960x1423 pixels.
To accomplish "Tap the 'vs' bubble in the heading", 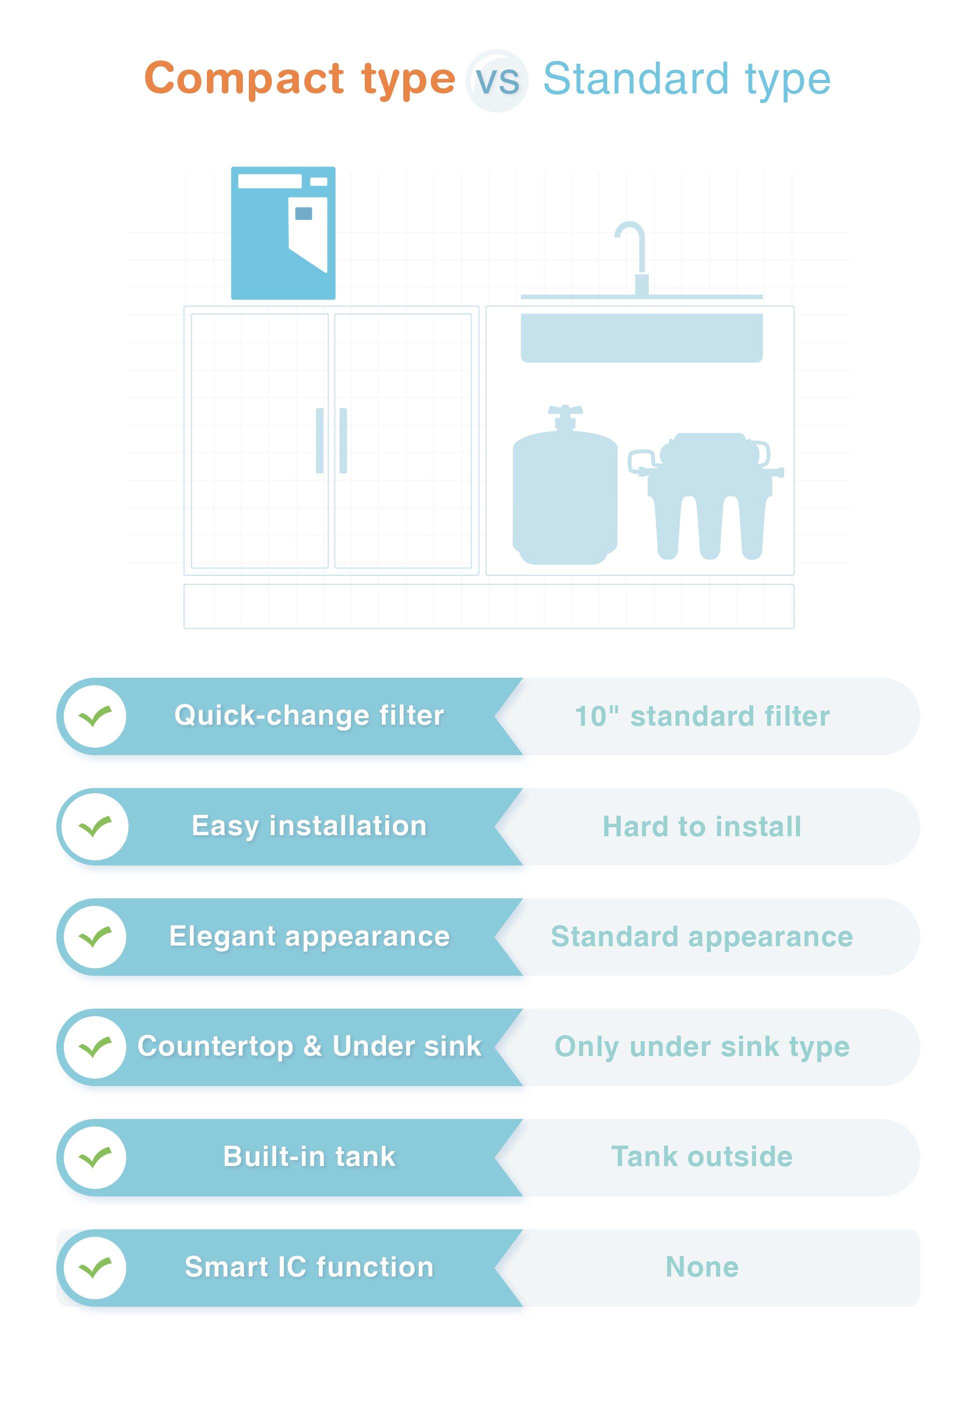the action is (497, 80).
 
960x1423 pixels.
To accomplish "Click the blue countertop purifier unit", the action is (283, 233).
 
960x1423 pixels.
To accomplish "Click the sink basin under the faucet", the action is (642, 337).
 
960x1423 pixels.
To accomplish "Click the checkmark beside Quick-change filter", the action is (95, 716).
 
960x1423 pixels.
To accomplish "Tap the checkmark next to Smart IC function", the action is (95, 1267).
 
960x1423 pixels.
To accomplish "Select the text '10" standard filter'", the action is (702, 716).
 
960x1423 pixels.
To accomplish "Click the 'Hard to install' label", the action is (702, 826).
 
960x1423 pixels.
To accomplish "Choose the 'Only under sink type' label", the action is (702, 1048).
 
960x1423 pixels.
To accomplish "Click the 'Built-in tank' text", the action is (309, 1157).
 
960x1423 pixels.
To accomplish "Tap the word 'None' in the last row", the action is (702, 1267).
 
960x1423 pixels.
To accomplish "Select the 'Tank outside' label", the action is (702, 1157).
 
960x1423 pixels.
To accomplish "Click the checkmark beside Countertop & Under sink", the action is (95, 1047).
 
